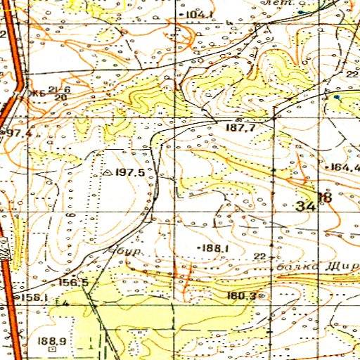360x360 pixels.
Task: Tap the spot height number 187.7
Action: pyautogui.click(x=240, y=127)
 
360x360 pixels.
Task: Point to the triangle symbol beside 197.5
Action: pyautogui.click(x=108, y=171)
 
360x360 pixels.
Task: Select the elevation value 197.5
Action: pyautogui.click(x=130, y=172)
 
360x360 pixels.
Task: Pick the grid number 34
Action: pyautogui.click(x=306, y=206)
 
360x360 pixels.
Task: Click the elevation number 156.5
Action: pyautogui.click(x=74, y=283)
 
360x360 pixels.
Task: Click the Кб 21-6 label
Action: pyautogui.click(x=49, y=92)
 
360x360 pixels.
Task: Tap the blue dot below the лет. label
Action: pyautogui.click(x=301, y=12)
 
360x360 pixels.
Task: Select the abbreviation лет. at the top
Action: pyautogui.click(x=271, y=3)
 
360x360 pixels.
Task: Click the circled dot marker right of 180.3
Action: pyautogui.click(x=262, y=296)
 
